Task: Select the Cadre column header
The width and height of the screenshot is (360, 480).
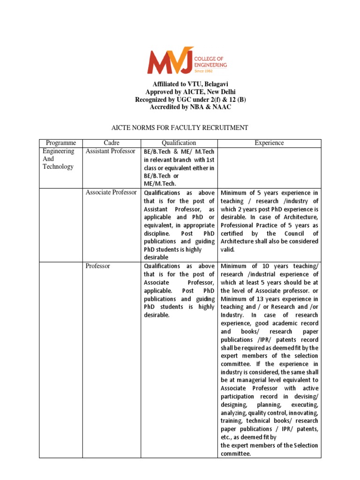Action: pos(112,143)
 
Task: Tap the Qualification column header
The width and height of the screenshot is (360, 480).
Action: pos(179,143)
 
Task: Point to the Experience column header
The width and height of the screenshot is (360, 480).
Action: pos(269,143)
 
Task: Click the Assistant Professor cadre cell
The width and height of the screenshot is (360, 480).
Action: pos(111,151)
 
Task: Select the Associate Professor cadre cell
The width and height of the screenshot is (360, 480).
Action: pos(111,193)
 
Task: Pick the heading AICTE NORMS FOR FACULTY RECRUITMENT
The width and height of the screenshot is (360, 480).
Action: pos(180,127)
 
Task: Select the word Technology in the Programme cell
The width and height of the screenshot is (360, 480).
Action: pos(58,167)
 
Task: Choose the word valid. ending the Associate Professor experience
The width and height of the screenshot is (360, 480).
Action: pos(228,250)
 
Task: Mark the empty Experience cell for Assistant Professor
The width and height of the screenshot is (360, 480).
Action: pos(269,167)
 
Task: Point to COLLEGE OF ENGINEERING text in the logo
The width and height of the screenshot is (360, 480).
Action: pos(211,61)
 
